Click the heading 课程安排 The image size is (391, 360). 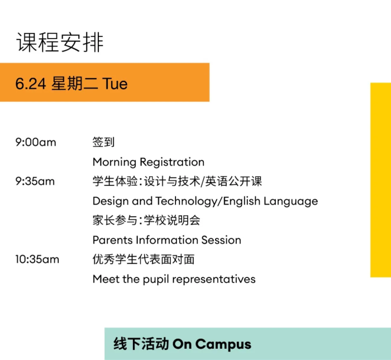[x=60, y=42]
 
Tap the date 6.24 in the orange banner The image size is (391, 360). [x=31, y=84]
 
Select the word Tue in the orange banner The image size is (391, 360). [x=115, y=84]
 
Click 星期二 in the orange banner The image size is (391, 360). [x=74, y=84]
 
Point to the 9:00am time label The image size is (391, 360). [x=36, y=142]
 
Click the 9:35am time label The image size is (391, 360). [x=35, y=181]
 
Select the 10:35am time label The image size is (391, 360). [x=37, y=260]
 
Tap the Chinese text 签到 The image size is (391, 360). [x=103, y=142]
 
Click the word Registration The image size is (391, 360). [x=172, y=162]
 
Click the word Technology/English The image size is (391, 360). [x=208, y=201]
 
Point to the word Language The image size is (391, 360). [x=291, y=201]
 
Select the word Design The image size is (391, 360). [x=111, y=201]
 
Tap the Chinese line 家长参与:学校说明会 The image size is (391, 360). [x=146, y=220]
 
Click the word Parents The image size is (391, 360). [x=112, y=240]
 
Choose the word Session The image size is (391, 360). [x=221, y=240]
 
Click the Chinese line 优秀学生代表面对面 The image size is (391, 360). [x=144, y=260]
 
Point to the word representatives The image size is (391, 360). [x=214, y=280]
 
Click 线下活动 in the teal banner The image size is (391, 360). [x=141, y=344]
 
